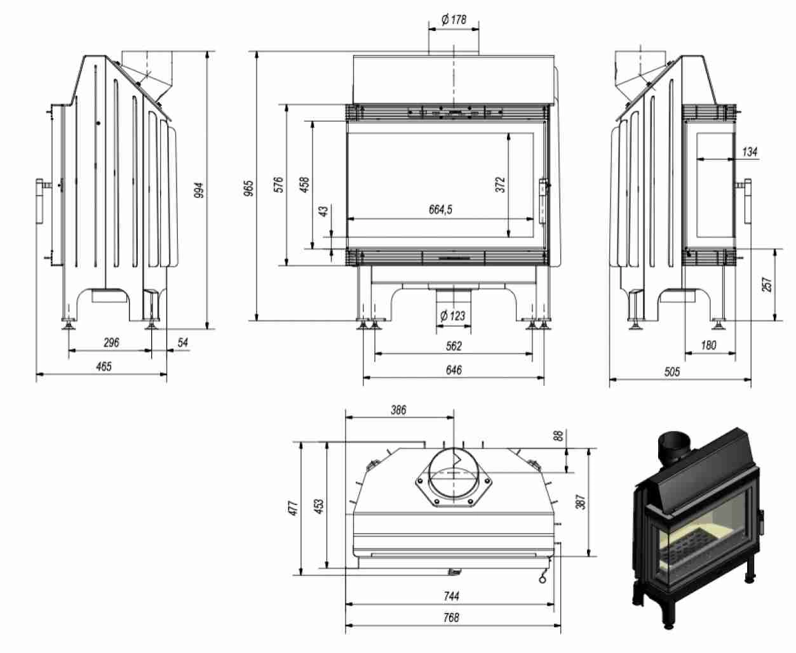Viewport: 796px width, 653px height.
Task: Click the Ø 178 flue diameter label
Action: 454,20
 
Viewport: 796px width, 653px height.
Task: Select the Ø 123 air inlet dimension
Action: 453,315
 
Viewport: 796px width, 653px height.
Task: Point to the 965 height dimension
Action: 248,187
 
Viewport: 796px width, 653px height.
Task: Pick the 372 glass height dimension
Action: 501,184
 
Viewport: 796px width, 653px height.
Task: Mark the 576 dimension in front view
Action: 278,185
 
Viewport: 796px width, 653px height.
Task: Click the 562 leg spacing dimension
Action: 454,346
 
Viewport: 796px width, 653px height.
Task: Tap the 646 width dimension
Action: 454,370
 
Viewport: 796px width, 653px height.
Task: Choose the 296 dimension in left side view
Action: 111,343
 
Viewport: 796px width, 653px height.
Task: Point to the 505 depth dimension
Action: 671,372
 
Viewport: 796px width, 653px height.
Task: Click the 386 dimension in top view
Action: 398,410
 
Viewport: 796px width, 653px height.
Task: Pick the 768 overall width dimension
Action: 452,617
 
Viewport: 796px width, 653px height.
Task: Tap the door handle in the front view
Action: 544,201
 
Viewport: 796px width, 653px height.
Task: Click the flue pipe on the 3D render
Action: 675,447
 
